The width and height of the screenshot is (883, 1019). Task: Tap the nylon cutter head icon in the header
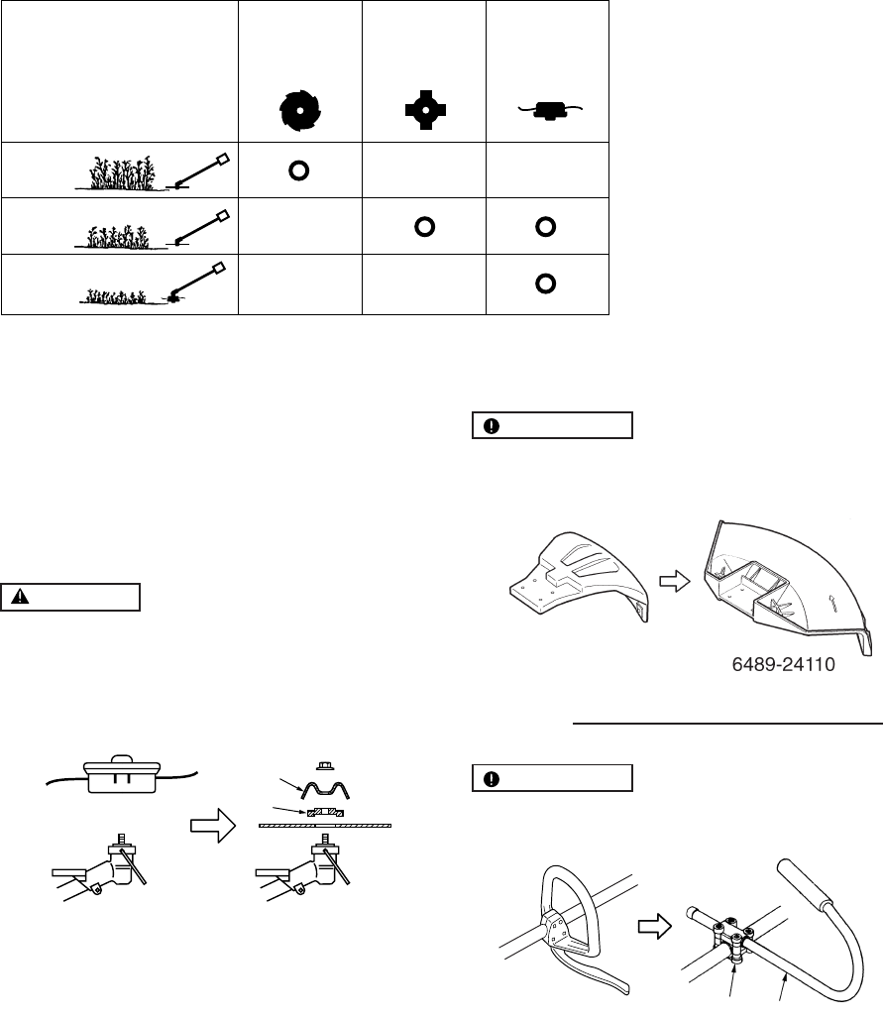546,110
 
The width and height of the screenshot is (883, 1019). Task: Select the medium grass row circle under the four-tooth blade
423,227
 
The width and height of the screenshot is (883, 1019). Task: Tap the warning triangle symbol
21,598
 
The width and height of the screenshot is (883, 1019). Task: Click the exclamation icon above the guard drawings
492,426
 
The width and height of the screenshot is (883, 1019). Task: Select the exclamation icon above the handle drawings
492,779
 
